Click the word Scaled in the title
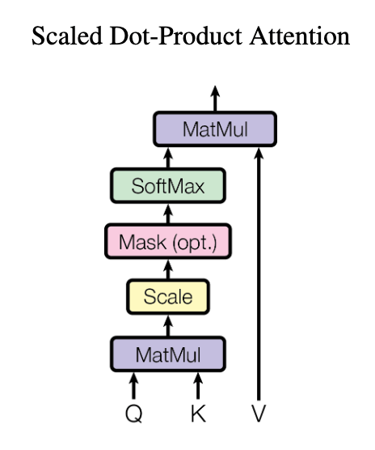click(67, 36)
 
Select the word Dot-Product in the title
click(175, 36)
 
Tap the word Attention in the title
click(300, 36)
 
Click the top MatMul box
click(215, 129)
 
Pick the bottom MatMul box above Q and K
click(168, 354)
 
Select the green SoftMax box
click(168, 185)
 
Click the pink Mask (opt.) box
click(168, 241)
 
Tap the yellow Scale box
click(168, 297)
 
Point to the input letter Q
click(134, 414)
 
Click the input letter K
click(198, 414)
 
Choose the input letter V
click(259, 414)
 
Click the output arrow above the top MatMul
click(215, 99)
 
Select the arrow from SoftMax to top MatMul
click(168, 158)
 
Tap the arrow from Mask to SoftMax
click(168, 214)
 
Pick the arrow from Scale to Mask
click(168, 270)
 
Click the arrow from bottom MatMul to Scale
click(168, 325)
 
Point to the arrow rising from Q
click(134, 386)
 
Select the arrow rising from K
click(198, 386)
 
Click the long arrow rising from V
click(259, 274)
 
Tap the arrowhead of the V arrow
click(259, 153)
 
